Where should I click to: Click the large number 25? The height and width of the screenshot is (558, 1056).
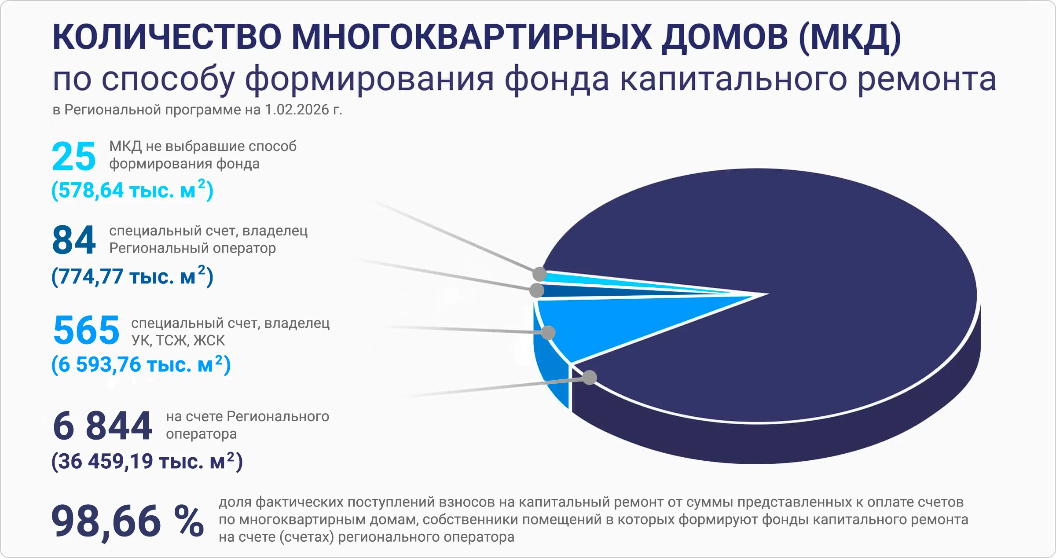(73, 157)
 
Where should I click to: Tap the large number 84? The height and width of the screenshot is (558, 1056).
(73, 241)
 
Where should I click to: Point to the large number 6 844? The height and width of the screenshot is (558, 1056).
(102, 426)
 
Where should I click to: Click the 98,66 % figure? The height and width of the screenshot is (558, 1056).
(127, 521)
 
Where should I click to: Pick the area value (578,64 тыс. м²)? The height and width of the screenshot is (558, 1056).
(132, 190)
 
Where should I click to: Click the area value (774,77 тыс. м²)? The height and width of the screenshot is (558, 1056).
(132, 276)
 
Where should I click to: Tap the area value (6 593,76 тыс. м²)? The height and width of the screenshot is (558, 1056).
(141, 364)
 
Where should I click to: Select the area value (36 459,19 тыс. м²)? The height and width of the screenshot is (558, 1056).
(147, 461)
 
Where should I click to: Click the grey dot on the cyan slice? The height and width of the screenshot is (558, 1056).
(539, 274)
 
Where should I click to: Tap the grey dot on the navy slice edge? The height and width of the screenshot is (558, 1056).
(590, 377)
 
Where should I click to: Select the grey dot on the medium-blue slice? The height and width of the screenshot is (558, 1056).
(548, 332)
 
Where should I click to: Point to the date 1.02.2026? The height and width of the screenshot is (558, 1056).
(297, 110)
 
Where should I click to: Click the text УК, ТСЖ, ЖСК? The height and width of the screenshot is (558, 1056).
(178, 340)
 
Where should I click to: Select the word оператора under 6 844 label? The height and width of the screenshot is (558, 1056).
(201, 434)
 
